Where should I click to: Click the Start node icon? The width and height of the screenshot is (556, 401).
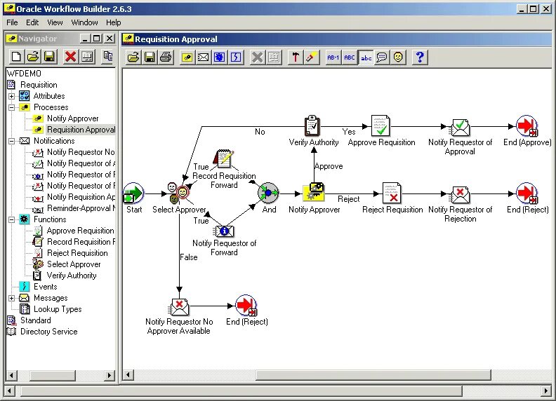(133, 192)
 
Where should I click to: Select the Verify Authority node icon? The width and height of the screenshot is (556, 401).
(313, 126)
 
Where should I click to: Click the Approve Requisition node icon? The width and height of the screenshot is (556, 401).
(380, 126)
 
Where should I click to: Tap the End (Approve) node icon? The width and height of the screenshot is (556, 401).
(527, 126)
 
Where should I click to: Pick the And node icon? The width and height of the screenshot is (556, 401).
(268, 192)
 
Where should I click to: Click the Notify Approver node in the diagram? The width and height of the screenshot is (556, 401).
(314, 192)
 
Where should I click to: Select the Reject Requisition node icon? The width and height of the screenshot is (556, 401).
(392, 192)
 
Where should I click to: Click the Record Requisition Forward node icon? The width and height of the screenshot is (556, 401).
(224, 159)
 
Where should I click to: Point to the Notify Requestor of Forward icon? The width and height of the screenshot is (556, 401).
(224, 229)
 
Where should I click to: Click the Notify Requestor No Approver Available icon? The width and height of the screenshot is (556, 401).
(179, 306)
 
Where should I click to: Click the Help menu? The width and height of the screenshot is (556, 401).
(114, 22)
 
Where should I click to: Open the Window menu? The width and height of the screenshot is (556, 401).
(84, 22)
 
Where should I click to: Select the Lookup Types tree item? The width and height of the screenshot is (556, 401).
(58, 309)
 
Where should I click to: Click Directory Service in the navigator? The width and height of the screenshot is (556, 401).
(48, 332)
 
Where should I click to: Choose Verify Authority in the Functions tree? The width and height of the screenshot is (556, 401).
(72, 276)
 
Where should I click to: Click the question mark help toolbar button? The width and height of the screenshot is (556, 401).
(420, 57)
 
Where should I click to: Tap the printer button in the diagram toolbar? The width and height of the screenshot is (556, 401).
(166, 57)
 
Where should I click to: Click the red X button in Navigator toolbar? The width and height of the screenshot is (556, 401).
(69, 57)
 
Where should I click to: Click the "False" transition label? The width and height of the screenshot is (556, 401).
(188, 257)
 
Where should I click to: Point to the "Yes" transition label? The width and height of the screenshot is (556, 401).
(349, 132)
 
